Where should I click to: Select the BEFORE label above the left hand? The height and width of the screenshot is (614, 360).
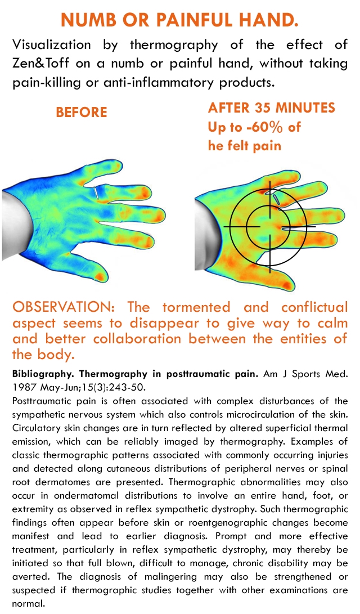point(82,113)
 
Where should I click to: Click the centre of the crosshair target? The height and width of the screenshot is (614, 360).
point(269,226)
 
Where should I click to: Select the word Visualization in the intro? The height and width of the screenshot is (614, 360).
point(51,44)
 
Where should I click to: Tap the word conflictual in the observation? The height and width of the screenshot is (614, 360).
point(314,307)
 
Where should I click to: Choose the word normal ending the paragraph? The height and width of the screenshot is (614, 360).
point(28,604)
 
